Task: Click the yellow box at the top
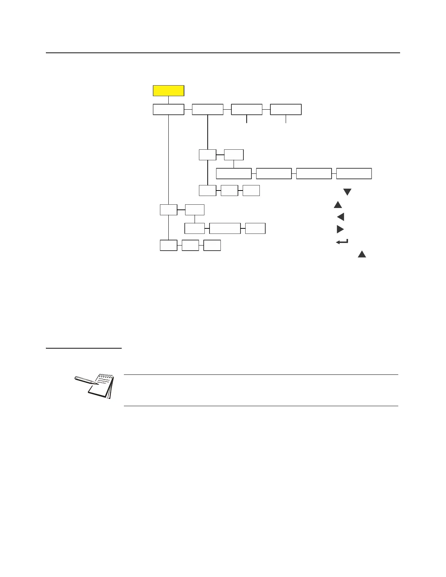168,91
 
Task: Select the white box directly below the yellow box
168,109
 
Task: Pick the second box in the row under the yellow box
208,109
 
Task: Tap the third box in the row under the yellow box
247,109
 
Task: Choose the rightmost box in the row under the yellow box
286,109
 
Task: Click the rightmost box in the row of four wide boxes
354,174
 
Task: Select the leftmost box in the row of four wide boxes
234,174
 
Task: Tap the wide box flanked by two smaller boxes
225,228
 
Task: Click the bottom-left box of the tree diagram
169,246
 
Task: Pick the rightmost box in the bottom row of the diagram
212,246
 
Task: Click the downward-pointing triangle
347,192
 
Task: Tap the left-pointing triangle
341,217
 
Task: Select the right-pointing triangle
340,229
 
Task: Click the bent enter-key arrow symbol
342,242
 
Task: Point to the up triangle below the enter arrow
361,255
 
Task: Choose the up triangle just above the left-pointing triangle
338,205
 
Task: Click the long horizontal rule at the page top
223,53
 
